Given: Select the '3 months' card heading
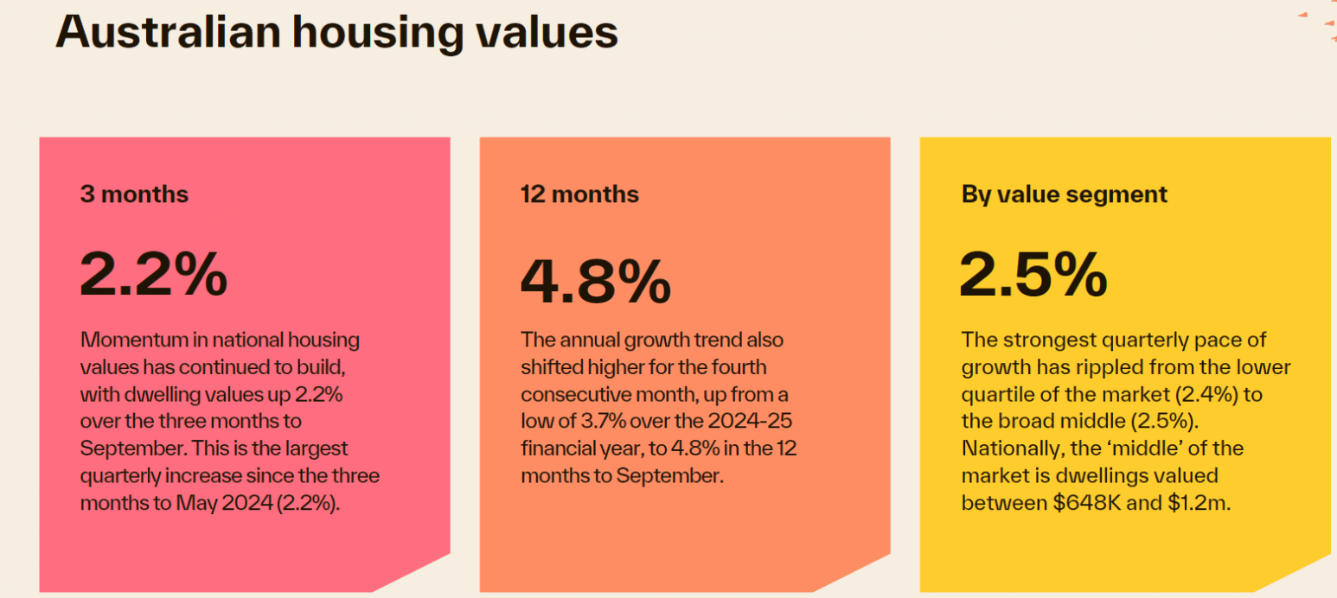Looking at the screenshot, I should (x=134, y=194).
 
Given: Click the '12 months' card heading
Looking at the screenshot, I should (x=579, y=194).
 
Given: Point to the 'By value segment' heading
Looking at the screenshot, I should (x=1064, y=194).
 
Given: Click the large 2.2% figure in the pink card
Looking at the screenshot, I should (x=154, y=273).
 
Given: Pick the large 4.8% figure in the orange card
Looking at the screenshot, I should (x=595, y=282).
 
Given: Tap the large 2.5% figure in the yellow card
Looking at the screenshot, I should (x=1033, y=273).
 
